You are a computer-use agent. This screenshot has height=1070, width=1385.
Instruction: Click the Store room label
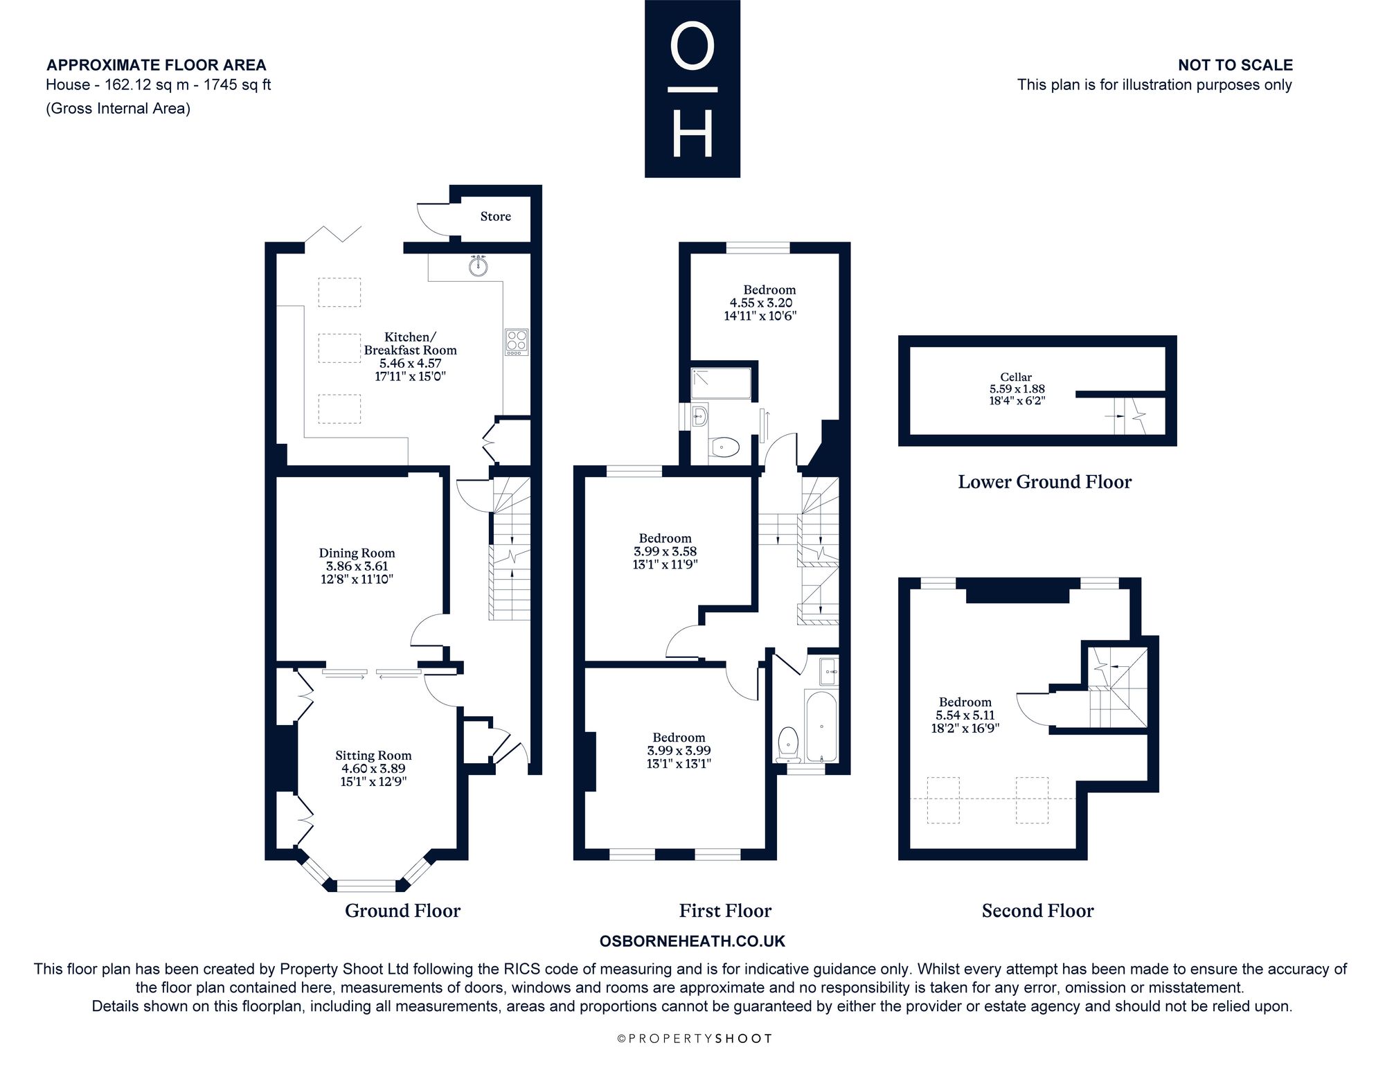point(496,217)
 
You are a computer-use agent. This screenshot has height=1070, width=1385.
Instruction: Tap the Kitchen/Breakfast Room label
point(411,344)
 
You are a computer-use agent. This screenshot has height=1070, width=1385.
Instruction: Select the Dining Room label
point(357,553)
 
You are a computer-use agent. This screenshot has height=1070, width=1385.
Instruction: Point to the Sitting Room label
point(373,756)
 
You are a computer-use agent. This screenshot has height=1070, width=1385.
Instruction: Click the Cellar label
point(1017,377)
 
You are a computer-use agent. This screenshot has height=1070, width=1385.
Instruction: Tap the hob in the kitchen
point(517,342)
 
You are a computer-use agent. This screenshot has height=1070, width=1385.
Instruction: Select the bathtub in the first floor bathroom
point(821,725)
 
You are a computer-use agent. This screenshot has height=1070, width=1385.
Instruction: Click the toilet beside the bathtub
point(788,744)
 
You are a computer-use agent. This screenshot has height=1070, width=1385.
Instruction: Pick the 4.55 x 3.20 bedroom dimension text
point(761,303)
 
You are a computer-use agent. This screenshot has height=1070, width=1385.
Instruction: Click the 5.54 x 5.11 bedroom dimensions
point(965,715)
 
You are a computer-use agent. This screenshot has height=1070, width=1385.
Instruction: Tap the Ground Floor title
point(402,911)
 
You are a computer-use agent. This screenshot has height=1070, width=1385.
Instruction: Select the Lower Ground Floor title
point(1044,482)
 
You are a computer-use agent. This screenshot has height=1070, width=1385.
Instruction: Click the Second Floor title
point(1037,911)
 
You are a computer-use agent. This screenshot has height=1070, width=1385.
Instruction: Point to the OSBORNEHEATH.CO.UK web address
point(692,941)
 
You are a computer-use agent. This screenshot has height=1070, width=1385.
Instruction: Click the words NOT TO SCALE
point(1235,65)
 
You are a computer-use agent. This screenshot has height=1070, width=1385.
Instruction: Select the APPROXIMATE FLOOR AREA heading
point(157,65)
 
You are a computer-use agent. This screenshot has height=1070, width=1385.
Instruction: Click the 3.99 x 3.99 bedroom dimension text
point(679,751)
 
